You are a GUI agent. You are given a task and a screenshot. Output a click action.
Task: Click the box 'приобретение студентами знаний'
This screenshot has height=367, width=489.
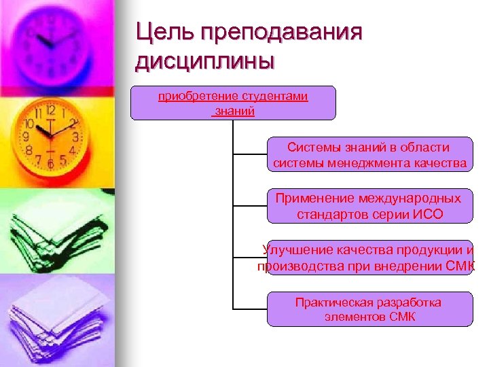(233, 103)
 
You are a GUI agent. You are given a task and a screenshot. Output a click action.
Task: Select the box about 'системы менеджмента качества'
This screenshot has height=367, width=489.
(369, 155)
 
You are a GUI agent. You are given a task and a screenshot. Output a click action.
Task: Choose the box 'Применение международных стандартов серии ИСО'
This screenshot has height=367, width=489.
(369, 206)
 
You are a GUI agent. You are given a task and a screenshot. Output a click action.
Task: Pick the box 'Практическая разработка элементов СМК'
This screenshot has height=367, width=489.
(369, 309)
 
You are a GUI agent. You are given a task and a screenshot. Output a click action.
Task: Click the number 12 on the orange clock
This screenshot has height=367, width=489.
(50, 110)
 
